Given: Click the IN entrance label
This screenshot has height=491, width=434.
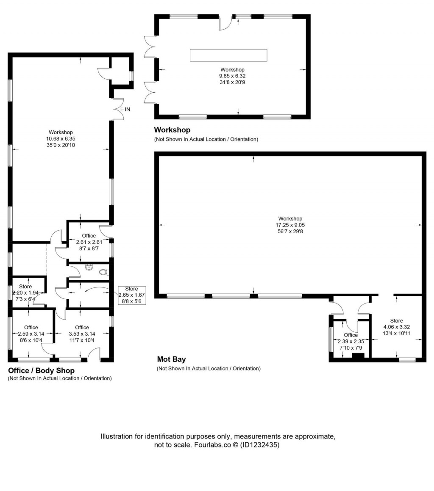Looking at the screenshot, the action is [127, 109].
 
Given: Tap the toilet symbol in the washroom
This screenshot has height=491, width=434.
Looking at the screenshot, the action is [104, 272].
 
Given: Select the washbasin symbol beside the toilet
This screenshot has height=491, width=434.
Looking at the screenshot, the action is [89, 267].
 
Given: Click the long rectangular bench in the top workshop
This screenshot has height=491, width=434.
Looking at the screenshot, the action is [228, 55].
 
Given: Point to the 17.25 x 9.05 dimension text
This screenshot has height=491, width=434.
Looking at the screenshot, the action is [290, 225].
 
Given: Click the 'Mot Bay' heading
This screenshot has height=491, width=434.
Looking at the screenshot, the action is [171, 359].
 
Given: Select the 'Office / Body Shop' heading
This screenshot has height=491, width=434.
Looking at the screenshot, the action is [42, 370].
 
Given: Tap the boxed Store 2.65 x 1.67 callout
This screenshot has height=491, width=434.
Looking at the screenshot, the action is [131, 295].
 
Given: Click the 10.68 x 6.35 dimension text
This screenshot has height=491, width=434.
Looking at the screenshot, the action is [61, 139].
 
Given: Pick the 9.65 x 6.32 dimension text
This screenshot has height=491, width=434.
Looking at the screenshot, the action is [232, 76].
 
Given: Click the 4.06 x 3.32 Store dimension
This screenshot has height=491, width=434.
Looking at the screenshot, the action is [396, 327].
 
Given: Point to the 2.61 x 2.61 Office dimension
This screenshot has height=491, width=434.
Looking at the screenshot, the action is [89, 242].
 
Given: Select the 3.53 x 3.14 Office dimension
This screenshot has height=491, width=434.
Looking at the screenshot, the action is [82, 334].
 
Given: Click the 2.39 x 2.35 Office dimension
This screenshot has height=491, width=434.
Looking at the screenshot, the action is [351, 341].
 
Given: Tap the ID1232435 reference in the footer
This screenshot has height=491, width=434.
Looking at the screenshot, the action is [259, 445].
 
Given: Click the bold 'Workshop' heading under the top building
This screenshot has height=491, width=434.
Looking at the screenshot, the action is [172, 130].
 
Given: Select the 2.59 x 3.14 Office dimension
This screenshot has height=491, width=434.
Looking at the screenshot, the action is [31, 334].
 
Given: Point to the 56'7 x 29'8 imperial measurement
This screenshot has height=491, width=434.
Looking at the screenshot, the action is [290, 232].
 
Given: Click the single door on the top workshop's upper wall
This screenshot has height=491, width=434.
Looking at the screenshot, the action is [225, 22].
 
